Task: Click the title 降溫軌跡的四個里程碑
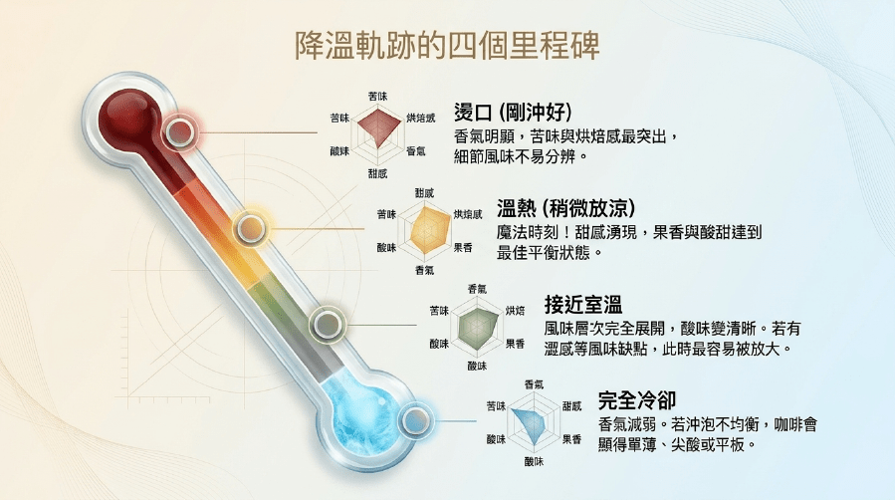point(447,46)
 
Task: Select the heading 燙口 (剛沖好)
point(513,112)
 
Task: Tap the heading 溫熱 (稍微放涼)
point(565,208)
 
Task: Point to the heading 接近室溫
point(582,304)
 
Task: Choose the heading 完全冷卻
point(637,400)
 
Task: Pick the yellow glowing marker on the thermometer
point(251,229)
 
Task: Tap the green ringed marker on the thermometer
point(328,325)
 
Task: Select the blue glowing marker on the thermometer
point(415,421)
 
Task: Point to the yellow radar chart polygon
point(428,231)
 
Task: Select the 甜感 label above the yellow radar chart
point(424,193)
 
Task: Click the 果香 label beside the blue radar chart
point(571,439)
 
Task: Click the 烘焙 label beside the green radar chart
point(515,311)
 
